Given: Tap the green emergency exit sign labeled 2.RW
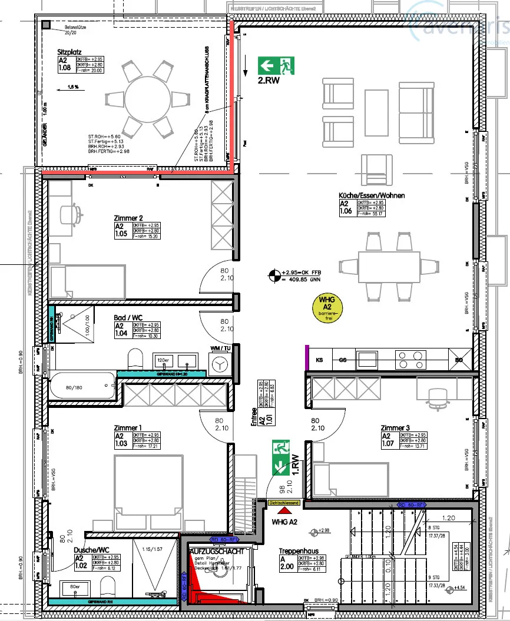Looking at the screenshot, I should pos(276,65).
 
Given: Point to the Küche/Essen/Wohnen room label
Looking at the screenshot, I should pos(371,195).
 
